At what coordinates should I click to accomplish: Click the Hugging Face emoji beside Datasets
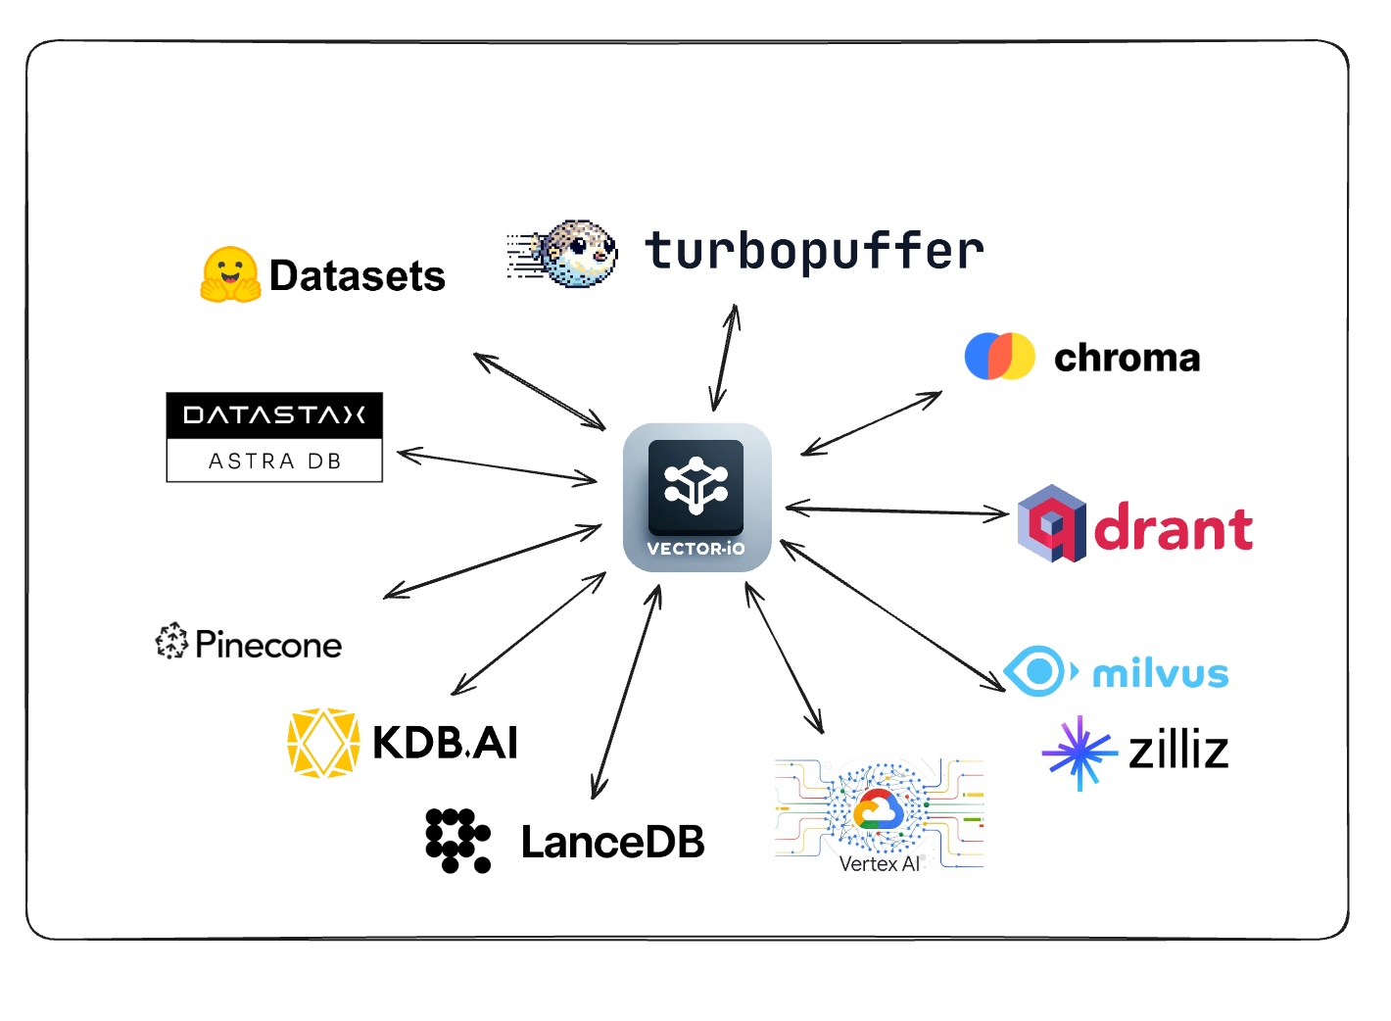(x=230, y=274)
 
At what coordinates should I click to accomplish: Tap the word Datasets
(x=357, y=276)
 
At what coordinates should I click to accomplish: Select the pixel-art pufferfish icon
(x=579, y=253)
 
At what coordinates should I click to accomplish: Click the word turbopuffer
(x=814, y=251)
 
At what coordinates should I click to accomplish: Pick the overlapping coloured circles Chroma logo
(x=999, y=356)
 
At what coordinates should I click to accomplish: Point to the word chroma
(x=1127, y=358)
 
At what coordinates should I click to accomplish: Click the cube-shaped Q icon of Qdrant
(x=1051, y=523)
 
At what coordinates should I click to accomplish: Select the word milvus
(x=1160, y=674)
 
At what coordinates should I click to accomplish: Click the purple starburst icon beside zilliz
(x=1079, y=753)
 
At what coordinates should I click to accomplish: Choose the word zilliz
(x=1178, y=752)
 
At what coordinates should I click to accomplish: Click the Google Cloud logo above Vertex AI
(x=878, y=810)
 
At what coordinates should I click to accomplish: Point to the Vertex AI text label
(x=879, y=864)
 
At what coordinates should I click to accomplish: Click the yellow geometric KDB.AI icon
(x=322, y=743)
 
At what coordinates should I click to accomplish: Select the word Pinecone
(x=268, y=645)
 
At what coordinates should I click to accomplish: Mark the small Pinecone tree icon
(x=171, y=641)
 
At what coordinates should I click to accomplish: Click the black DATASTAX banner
(x=274, y=415)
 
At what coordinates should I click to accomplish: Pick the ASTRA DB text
(x=274, y=462)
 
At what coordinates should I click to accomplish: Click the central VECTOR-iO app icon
(x=696, y=498)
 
